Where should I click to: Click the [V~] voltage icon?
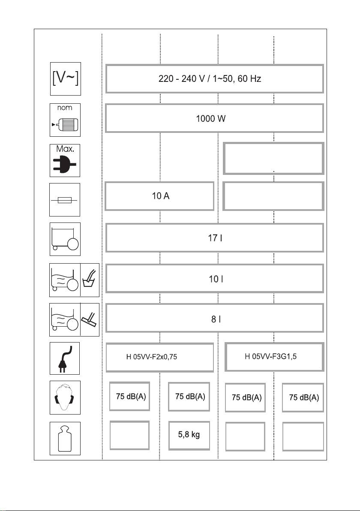point(65,80)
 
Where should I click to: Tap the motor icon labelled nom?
point(65,120)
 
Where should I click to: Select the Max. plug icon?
point(65,161)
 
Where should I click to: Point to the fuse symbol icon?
point(65,199)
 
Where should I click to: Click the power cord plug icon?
point(65,358)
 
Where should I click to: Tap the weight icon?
point(65,438)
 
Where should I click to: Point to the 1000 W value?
point(210,119)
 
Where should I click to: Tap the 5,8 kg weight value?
point(189,435)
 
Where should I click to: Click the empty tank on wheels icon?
point(65,239)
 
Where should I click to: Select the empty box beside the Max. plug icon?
point(273,159)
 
